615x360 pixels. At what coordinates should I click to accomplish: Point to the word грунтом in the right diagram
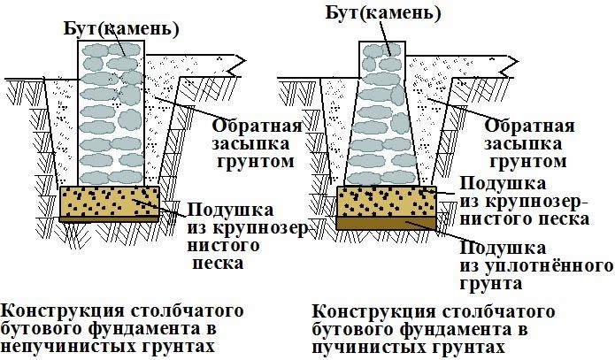(x=528, y=162)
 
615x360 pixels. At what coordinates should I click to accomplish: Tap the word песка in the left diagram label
(x=218, y=264)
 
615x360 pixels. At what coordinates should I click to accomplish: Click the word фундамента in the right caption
(x=443, y=329)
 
